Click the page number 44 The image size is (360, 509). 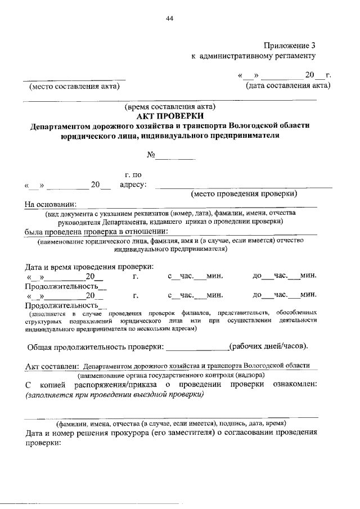[169, 19]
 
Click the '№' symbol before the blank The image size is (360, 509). [151, 154]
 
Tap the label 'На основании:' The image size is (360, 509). [50, 204]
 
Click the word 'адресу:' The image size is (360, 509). [134, 184]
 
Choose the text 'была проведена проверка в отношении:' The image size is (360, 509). [96, 231]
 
